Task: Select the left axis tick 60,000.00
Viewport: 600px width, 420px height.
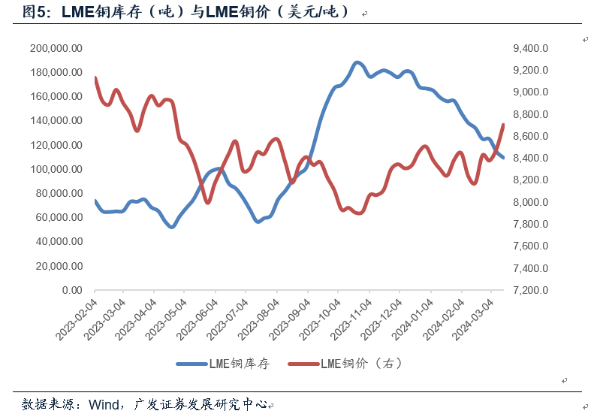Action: [58, 217]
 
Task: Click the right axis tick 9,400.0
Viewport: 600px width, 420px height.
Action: [531, 48]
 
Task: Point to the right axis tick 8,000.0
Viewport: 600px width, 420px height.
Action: [531, 202]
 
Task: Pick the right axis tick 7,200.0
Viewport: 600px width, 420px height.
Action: [531, 290]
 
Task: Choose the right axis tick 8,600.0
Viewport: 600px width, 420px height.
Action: [531, 136]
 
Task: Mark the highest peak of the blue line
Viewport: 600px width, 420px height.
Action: [357, 62]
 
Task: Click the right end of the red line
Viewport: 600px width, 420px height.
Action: [503, 125]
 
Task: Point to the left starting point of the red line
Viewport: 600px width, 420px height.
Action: [95, 77]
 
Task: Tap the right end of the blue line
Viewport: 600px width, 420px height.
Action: [503, 157]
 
